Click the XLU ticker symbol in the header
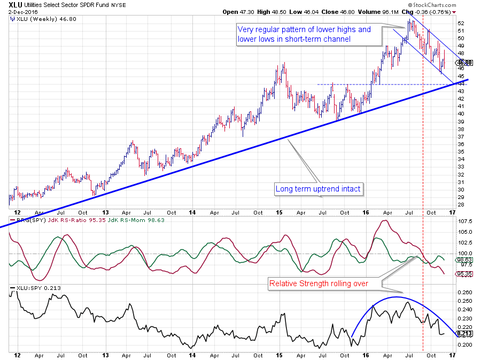coord(16,6)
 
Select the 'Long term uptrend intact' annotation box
coord(319,189)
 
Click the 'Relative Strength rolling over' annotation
coord(318,284)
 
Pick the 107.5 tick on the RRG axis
coord(465,221)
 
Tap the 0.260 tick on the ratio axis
coord(466,293)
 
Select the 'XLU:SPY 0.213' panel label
coord(36,288)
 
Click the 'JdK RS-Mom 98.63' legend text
coord(104,219)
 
